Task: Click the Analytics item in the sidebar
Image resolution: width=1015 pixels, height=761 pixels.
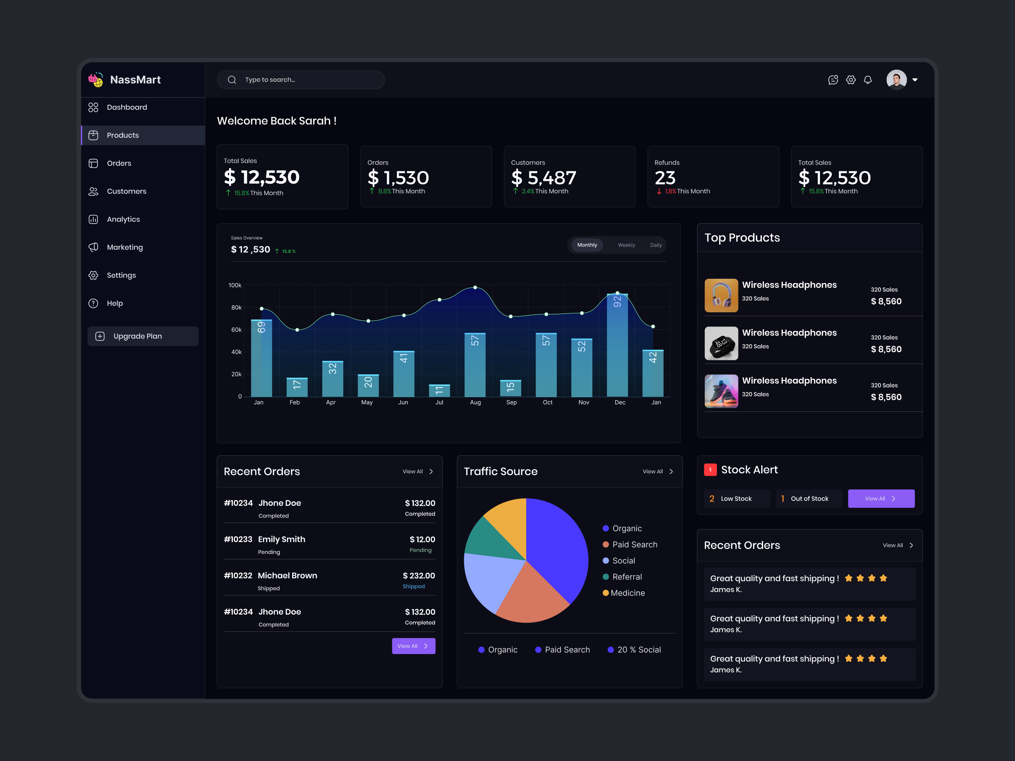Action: tap(123, 219)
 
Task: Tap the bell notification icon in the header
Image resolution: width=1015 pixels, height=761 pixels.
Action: tap(867, 80)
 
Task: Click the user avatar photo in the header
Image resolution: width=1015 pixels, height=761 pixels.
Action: tap(896, 80)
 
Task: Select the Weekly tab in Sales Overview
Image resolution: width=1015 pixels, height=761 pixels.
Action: tap(626, 245)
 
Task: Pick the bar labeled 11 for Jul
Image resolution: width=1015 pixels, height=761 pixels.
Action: tap(439, 390)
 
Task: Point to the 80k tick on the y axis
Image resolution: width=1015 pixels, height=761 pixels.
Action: tap(236, 307)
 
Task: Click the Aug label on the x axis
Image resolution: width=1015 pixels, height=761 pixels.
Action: tap(475, 402)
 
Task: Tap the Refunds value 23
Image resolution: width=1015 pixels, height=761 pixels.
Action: tap(665, 178)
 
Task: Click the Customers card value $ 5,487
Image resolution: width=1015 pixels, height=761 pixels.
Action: tap(543, 178)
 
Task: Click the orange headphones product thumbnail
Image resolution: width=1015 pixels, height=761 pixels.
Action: tap(721, 295)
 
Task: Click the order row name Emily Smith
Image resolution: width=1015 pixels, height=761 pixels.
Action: tap(281, 540)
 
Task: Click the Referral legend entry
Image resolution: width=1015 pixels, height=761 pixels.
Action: tap(626, 577)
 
